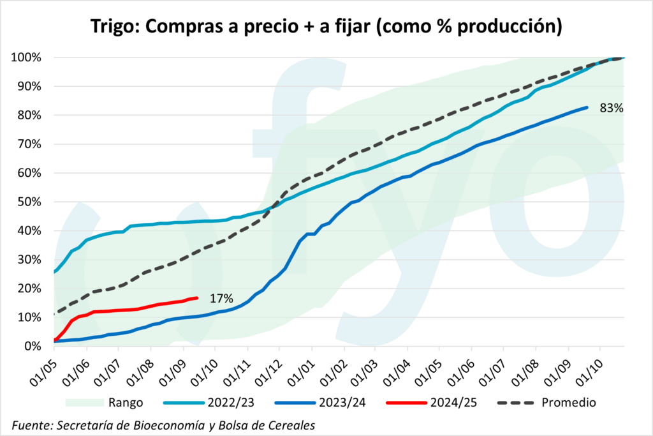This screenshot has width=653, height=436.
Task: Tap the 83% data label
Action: click(x=611, y=108)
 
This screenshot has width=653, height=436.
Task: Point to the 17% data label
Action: click(x=221, y=298)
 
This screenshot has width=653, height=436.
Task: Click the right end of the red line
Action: click(x=196, y=298)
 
